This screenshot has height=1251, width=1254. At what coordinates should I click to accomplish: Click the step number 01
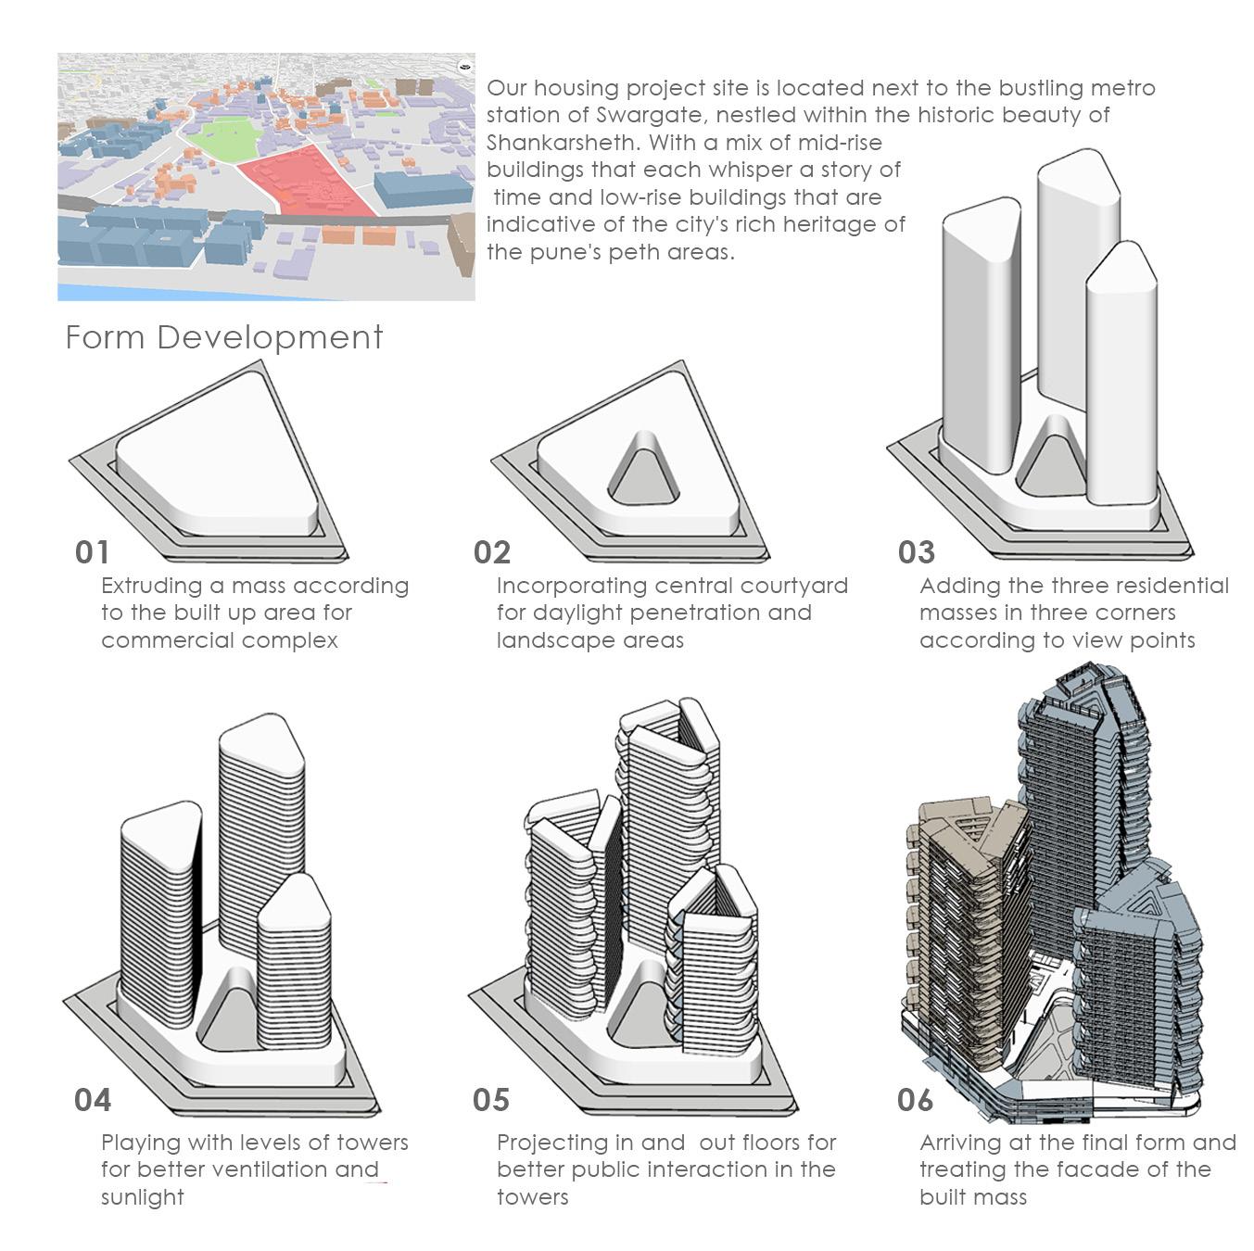pyautogui.click(x=92, y=552)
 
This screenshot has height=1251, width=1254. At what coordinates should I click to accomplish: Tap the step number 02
pyautogui.click(x=492, y=552)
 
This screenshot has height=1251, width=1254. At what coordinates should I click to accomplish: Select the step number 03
pyautogui.click(x=917, y=552)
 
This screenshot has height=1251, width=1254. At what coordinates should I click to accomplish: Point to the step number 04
pyautogui.click(x=93, y=1101)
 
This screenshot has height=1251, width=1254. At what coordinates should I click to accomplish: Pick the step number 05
pyautogui.click(x=491, y=1101)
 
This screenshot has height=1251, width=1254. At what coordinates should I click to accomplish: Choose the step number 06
pyautogui.click(x=915, y=1101)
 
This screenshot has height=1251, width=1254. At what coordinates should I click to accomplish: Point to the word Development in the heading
pyautogui.click(x=270, y=338)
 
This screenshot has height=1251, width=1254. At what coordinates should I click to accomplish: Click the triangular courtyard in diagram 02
pyautogui.click(x=643, y=472)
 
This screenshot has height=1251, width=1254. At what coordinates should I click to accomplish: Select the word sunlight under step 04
pyautogui.click(x=143, y=1197)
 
